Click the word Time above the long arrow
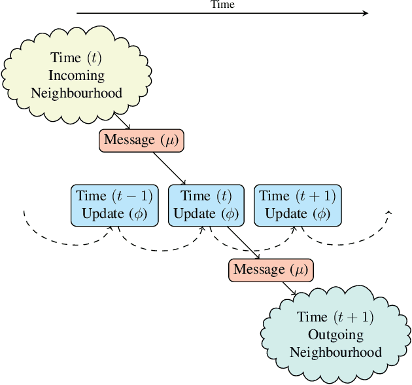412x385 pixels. pos(222,5)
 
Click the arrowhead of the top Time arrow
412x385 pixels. pos(365,13)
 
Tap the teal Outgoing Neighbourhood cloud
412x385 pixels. pos(335,335)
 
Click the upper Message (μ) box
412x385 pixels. pos(141,141)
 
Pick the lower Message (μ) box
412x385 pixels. pos(271,270)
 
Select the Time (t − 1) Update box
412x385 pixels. pos(114,205)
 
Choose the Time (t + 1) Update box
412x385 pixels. pos(297,205)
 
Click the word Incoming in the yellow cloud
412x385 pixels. pos(77,75)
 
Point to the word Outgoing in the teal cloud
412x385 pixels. pos(335,335)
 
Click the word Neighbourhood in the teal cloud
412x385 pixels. pos(335,352)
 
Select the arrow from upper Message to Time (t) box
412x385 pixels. pos(169,168)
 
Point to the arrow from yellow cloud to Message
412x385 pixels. pos(122,121)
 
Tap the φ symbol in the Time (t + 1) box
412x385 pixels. pos(320,213)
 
